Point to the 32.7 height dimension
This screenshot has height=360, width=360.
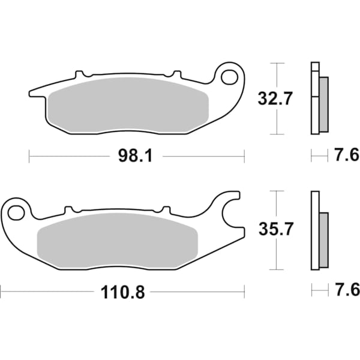(x=275, y=98)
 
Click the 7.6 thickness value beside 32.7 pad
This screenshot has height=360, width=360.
(x=346, y=157)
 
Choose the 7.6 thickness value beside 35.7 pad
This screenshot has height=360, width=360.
(x=346, y=291)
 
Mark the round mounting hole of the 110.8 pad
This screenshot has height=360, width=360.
(x=17, y=212)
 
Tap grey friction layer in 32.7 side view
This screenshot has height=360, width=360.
(x=323, y=105)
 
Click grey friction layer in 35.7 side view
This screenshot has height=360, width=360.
(x=323, y=240)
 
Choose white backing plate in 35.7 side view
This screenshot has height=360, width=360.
(x=314, y=231)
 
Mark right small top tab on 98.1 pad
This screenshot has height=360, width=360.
(x=176, y=75)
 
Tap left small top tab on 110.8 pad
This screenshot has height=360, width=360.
(x=68, y=210)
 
